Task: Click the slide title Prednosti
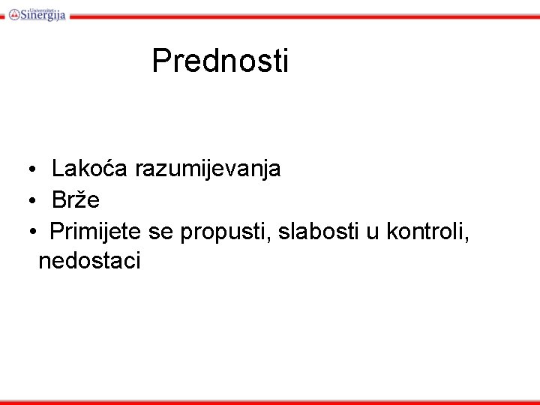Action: (220, 61)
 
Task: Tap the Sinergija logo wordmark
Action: (43, 14)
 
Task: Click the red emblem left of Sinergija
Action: (13, 13)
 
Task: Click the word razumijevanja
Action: (208, 169)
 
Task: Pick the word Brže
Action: (76, 200)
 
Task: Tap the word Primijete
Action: (96, 232)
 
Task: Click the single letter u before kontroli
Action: (373, 232)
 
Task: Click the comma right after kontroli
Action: (467, 238)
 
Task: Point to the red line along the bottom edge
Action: (270, 402)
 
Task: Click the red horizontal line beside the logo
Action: (300, 16)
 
